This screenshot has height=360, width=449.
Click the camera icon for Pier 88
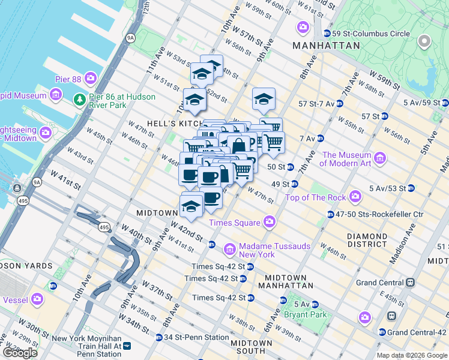click(91, 77)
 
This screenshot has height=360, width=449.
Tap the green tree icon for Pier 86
click(78, 98)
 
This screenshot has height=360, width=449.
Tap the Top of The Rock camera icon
click(356, 196)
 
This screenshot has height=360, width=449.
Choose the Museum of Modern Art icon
click(379, 158)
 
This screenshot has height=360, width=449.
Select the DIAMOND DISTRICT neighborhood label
click(375, 240)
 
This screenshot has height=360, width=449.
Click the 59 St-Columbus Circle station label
click(361, 33)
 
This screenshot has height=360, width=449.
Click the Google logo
click(20, 352)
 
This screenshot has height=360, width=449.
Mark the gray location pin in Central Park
click(425, 42)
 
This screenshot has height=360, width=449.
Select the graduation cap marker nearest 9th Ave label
click(264, 100)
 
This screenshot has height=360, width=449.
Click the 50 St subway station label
click(276, 166)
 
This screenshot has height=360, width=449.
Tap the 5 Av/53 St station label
click(388, 188)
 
